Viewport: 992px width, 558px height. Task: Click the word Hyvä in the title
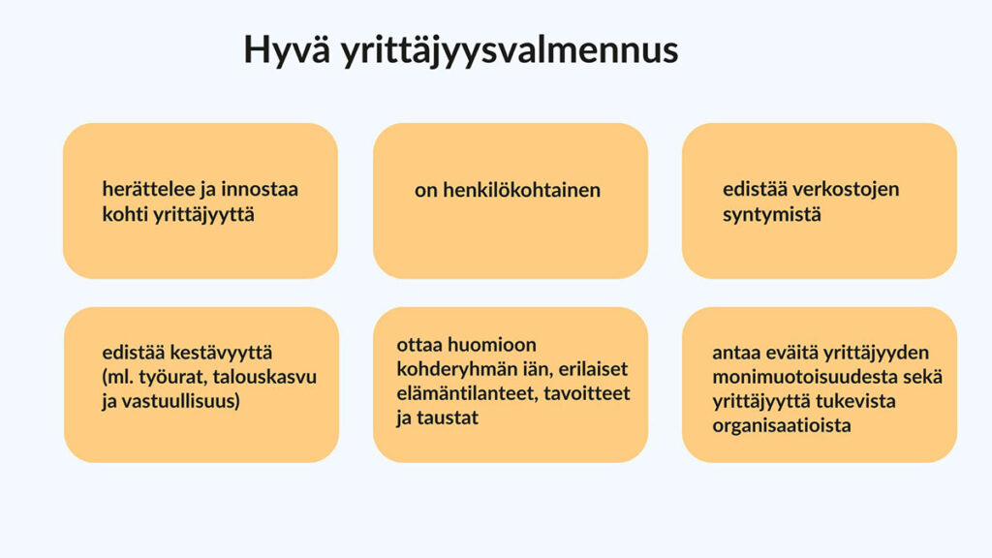[287, 50]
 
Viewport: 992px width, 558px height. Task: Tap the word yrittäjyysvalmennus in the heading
[510, 50]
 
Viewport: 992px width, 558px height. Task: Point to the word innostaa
[260, 189]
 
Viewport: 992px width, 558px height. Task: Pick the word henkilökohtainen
[521, 190]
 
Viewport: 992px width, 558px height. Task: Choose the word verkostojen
[846, 189]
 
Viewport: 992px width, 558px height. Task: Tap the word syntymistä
[772, 214]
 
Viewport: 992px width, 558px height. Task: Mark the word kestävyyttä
[222, 352]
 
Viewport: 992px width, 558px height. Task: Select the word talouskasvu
[264, 377]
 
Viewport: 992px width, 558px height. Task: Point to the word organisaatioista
[782, 425]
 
